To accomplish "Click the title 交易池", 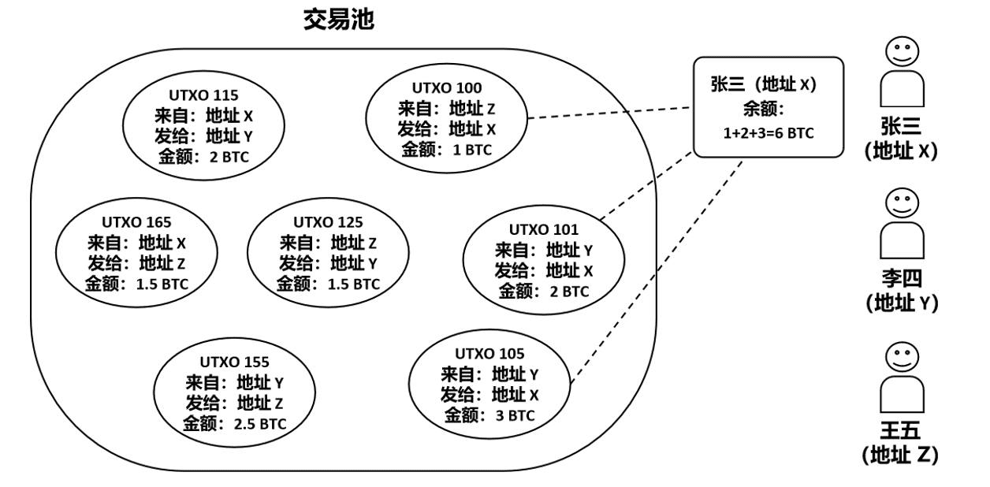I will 338,20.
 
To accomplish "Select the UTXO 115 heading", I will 203,96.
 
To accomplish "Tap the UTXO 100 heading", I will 446,87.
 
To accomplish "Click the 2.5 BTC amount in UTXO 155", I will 259,424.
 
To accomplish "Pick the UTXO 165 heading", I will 136,222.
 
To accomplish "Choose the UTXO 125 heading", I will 328,222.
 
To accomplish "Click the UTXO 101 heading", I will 543,230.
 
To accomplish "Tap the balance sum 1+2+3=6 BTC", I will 768,133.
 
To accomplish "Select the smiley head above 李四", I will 902,203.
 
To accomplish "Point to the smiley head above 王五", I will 902,356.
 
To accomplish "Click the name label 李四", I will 902,277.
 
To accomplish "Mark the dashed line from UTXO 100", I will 611,113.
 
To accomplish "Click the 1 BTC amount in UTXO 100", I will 472,149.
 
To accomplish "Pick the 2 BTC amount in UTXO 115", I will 229,157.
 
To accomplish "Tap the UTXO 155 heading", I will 234,362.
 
